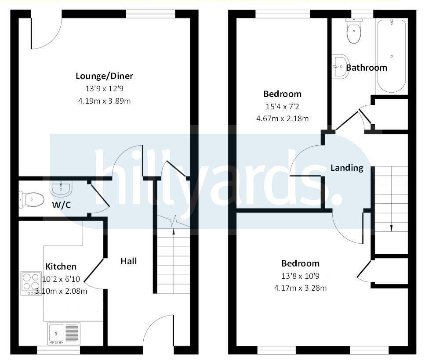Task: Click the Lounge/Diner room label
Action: tap(104, 76)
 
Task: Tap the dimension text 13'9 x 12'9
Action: tap(104, 89)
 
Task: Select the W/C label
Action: tap(62, 205)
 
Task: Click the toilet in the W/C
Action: tap(32, 199)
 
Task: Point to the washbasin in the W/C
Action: tap(61, 188)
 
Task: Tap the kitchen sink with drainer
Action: tap(64, 334)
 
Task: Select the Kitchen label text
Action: tap(61, 266)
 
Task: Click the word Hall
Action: tap(128, 261)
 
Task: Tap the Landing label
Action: tap(347, 168)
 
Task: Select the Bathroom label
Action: tap(367, 68)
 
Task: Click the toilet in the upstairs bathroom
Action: tap(354, 31)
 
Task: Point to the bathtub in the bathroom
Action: tap(392, 56)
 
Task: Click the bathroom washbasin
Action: tap(340, 67)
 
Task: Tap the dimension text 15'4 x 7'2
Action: tap(282, 107)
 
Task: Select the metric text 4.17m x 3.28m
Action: tap(300, 288)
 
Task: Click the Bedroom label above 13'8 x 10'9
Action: tap(300, 263)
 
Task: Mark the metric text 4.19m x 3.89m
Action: tap(104, 101)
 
